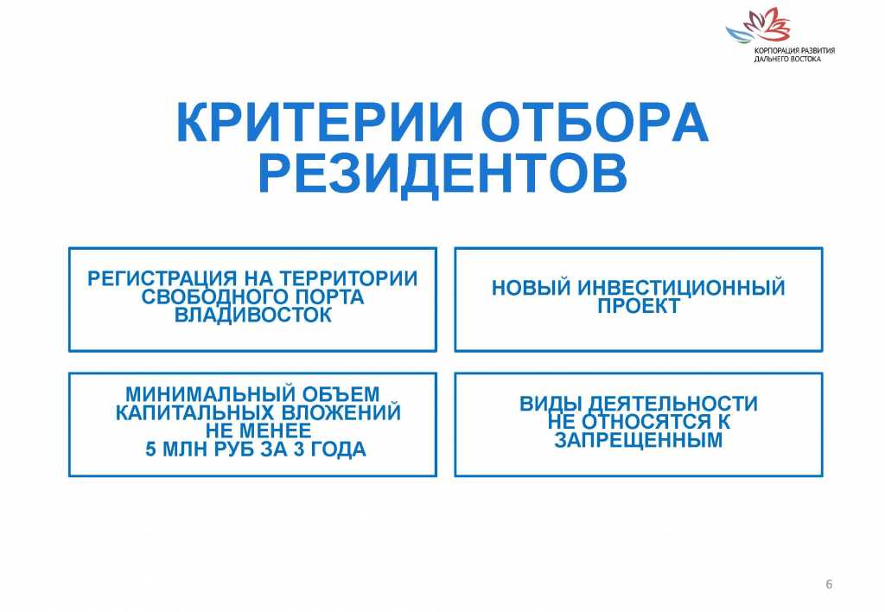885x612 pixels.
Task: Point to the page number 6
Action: (x=829, y=585)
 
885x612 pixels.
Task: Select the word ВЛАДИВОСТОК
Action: (x=252, y=316)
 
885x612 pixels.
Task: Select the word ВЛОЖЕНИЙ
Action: (x=341, y=413)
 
